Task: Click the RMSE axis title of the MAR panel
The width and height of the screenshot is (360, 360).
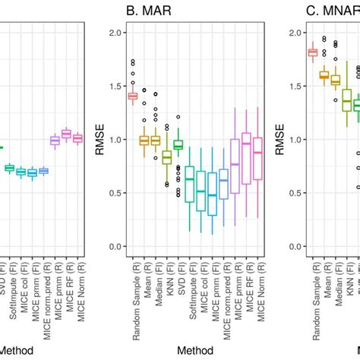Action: [99, 140]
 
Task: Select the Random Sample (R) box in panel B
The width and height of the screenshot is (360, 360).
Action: [132, 96]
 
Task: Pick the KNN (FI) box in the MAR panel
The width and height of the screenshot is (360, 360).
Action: [166, 157]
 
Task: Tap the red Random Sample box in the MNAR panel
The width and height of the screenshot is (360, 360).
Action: [312, 52]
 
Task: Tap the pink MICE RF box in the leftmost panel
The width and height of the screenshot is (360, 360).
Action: [66, 134]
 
